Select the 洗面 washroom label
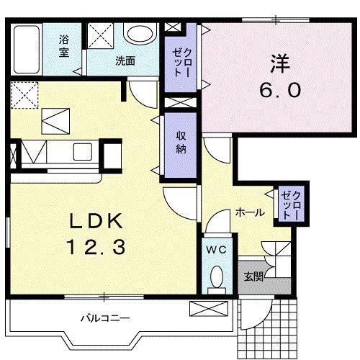click(125, 61)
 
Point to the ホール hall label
click(249, 212)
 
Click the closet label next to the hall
click(288, 204)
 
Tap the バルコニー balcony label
click(104, 318)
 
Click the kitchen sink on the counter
click(81, 153)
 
